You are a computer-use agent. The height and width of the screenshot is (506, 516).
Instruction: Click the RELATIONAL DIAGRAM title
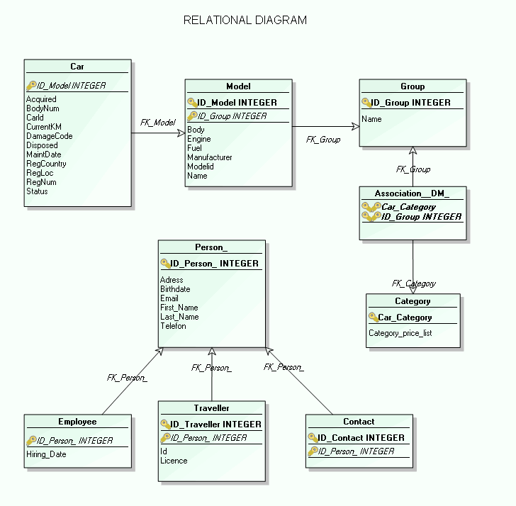tap(245, 21)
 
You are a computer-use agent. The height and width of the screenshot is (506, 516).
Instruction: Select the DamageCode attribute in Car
tap(50, 136)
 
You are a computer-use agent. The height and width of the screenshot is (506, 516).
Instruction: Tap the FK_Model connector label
tap(157, 123)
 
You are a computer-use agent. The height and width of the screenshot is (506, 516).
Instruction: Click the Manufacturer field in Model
tap(210, 157)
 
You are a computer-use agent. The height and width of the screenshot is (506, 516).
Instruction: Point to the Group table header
tap(413, 86)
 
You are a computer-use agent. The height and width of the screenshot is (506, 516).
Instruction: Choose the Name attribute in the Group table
tap(371, 119)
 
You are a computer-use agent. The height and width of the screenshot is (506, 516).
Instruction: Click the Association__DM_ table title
tap(413, 193)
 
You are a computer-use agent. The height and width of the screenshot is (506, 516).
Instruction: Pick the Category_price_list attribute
tap(400, 333)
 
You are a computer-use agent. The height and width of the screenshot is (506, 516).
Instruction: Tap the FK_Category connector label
tap(414, 283)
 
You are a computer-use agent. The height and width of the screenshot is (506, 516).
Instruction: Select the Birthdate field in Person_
tap(175, 289)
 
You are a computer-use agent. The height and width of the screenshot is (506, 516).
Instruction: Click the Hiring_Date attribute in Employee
tap(46, 454)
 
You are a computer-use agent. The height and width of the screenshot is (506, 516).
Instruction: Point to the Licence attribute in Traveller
tap(174, 461)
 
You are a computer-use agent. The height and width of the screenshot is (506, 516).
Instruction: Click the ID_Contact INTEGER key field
tap(361, 438)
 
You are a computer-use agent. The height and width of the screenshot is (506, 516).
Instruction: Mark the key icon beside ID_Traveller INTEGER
tap(165, 425)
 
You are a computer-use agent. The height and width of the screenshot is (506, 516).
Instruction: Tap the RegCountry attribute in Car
tap(46, 164)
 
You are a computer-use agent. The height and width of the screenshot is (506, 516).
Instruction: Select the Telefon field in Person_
tap(173, 326)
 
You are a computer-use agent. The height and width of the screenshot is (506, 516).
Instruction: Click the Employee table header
tap(77, 422)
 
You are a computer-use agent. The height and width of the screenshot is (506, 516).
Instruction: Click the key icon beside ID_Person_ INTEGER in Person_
tap(166, 264)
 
